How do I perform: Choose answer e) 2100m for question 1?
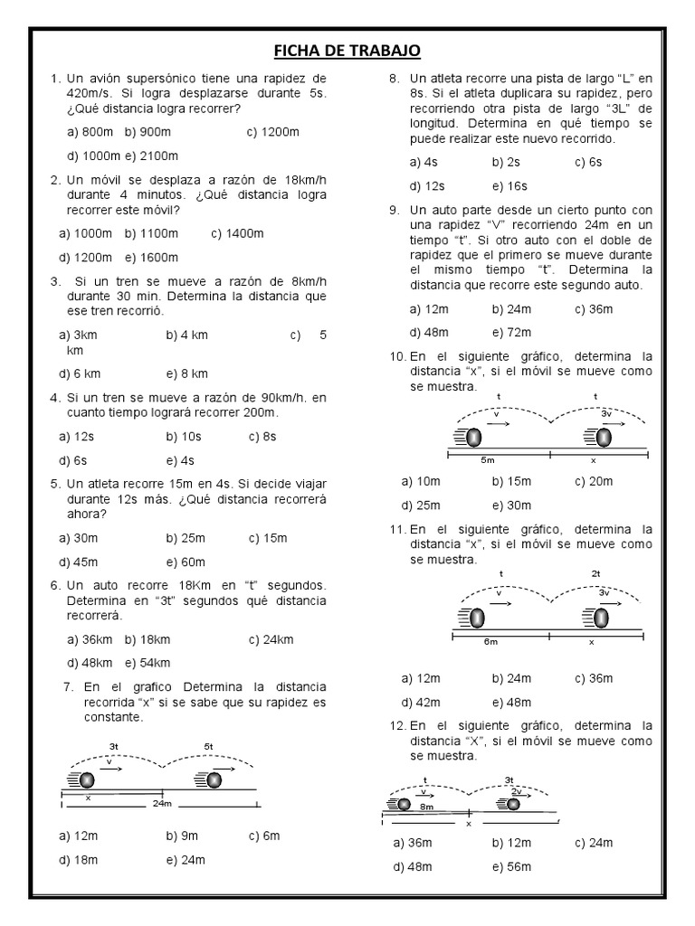152,155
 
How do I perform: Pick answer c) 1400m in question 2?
237,233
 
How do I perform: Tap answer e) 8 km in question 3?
187,373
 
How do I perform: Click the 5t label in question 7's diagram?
208,746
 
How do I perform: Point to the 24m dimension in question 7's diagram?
163,802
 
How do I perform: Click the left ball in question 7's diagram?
87,780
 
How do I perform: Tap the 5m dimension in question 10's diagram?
489,459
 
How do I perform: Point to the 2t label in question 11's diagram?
595,573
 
